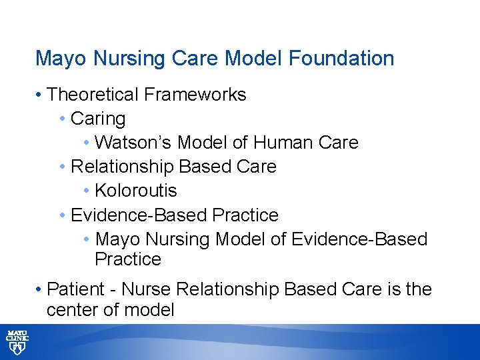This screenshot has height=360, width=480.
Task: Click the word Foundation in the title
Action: tap(341, 59)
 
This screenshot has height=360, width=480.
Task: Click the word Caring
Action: tap(98, 119)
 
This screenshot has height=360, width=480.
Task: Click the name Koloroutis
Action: tap(136, 191)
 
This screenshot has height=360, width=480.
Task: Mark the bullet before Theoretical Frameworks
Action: tap(40, 95)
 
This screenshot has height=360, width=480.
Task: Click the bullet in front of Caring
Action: tap(62, 119)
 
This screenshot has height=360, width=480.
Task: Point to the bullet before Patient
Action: tap(40, 290)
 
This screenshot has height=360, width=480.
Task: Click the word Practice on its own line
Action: tap(128, 259)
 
